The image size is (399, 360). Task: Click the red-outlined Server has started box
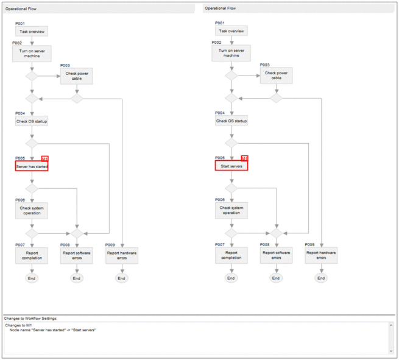(x=32, y=166)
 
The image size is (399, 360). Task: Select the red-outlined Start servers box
(x=231, y=166)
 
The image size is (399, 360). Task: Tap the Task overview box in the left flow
(x=32, y=31)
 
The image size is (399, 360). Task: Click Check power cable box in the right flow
(x=277, y=76)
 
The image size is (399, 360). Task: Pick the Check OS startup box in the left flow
(x=32, y=121)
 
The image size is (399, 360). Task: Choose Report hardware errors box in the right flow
(x=321, y=255)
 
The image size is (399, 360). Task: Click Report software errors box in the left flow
(x=76, y=255)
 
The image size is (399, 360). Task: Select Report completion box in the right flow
(x=231, y=255)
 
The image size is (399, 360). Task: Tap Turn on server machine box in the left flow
(x=32, y=53)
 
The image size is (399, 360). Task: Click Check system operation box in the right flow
(x=231, y=210)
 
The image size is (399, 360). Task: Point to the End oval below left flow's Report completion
(x=32, y=278)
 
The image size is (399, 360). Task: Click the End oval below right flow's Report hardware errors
(x=321, y=278)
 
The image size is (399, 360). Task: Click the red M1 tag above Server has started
(x=44, y=158)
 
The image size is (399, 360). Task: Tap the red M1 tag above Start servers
(x=244, y=158)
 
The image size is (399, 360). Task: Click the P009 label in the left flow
(x=110, y=245)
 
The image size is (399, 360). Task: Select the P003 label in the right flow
(x=265, y=65)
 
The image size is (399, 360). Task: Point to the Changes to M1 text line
(x=18, y=325)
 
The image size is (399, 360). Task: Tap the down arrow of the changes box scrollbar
(x=392, y=351)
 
